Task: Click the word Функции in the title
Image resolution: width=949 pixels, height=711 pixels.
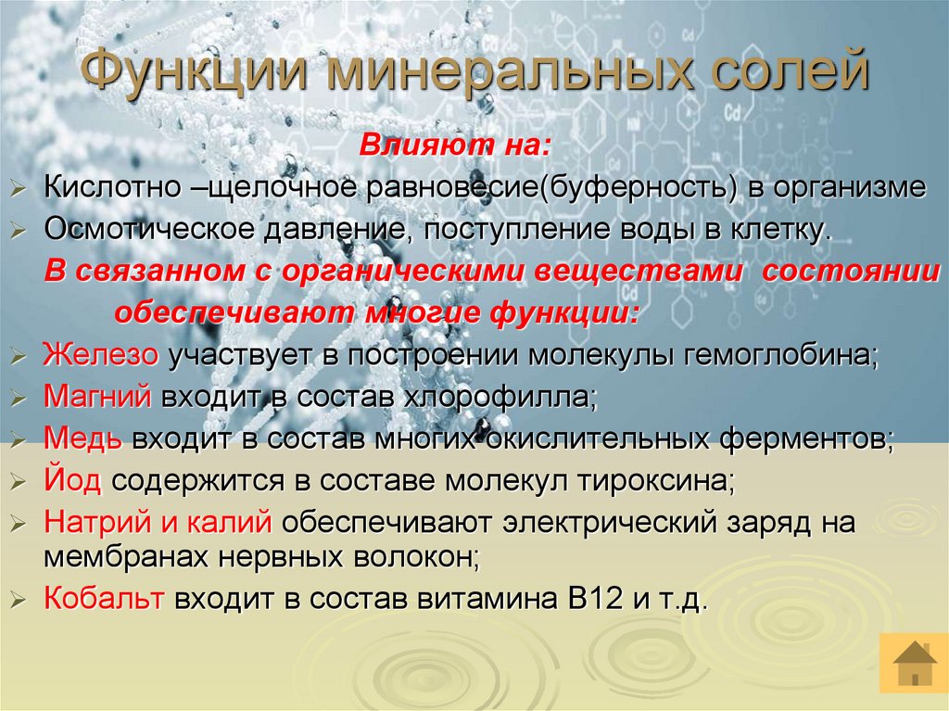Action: click(193, 73)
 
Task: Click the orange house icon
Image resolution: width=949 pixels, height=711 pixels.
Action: click(913, 664)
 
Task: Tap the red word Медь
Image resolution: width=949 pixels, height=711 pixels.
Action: click(82, 439)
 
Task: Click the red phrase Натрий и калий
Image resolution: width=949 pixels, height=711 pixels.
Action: click(158, 523)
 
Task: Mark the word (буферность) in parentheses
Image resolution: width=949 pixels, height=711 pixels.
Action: click(638, 188)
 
